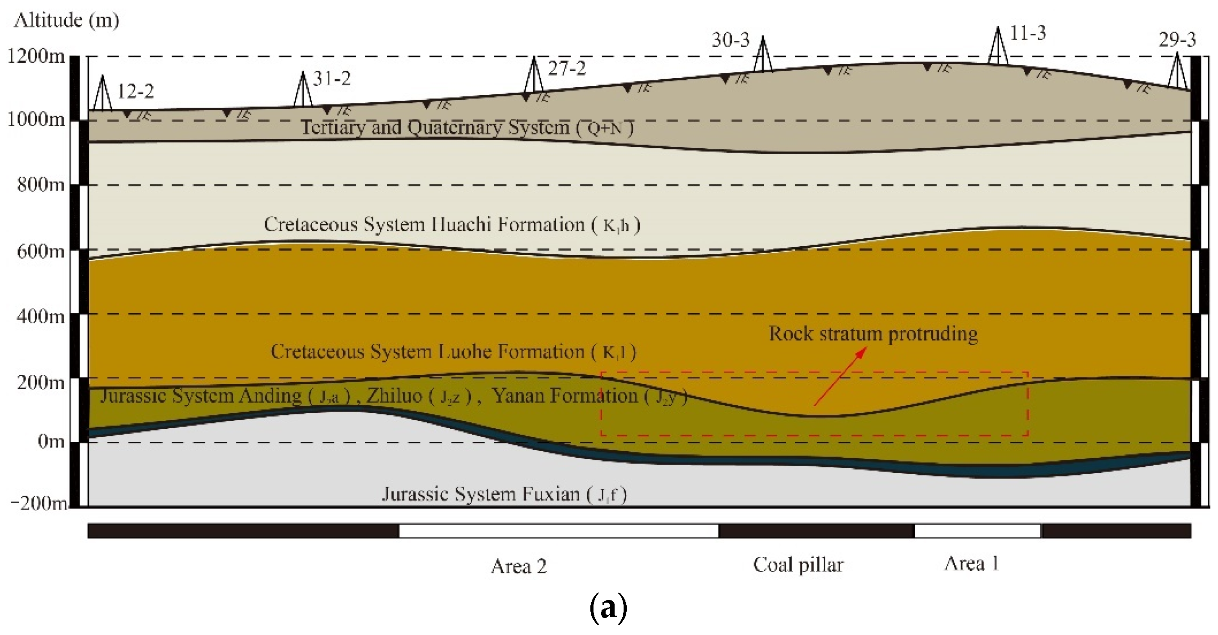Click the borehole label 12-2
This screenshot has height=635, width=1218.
[135, 91]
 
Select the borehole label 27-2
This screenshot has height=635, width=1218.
[567, 69]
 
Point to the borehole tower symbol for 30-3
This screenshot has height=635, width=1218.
[762, 54]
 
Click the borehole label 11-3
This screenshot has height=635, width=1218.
[1028, 34]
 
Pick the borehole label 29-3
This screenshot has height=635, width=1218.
[1177, 40]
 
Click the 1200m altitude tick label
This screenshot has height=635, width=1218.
[36, 57]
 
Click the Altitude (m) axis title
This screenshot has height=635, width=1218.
[66, 20]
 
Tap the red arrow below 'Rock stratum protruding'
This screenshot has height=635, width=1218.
[840, 377]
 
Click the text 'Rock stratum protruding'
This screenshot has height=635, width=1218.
[873, 334]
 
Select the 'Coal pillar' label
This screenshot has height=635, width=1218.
[797, 565]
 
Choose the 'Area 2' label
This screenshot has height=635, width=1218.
[518, 566]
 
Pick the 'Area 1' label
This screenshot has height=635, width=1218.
[971, 564]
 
